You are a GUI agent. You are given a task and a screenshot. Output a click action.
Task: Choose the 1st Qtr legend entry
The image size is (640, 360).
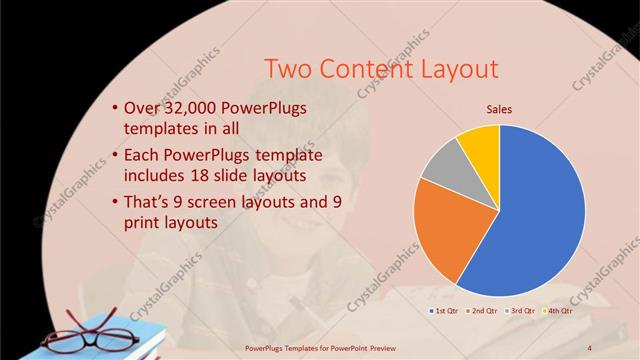(x=445, y=311)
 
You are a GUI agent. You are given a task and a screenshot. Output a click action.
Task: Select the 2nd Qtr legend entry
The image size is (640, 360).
(x=484, y=311)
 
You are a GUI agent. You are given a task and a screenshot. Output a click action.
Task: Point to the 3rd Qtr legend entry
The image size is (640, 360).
(x=522, y=311)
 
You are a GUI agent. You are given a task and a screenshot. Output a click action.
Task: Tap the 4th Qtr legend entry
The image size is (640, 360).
(x=559, y=311)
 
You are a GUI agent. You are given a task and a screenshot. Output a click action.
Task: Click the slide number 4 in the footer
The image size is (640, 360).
(x=590, y=347)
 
